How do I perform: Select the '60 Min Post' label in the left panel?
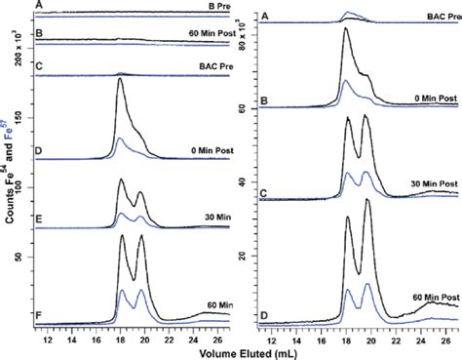(x=192, y=32)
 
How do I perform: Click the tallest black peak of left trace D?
(x=120, y=80)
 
